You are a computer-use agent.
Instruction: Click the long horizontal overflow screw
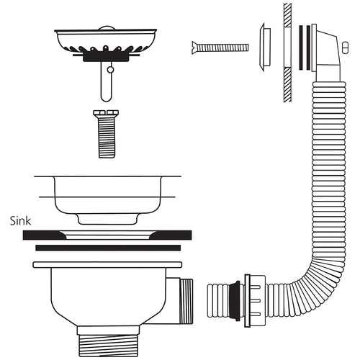pos(223,48)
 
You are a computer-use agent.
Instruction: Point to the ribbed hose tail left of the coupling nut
pos(219,296)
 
